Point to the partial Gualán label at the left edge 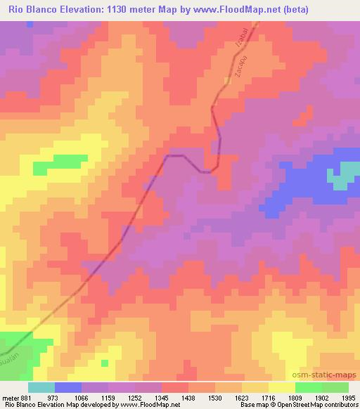[x=11, y=346]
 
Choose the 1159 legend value [x=108, y=397]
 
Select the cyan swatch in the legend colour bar [x=41, y=387]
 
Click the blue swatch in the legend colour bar [x=67, y=387]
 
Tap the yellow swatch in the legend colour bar [x=281, y=387]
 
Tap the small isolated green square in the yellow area [x=104, y=363]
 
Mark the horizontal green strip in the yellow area [x=59, y=163]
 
